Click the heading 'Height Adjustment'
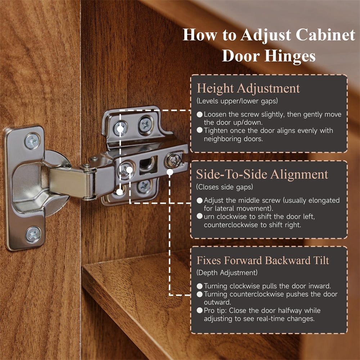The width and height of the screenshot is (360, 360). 248,89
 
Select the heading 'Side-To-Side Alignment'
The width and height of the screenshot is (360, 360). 262,174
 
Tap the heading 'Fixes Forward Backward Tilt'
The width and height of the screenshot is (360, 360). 263,260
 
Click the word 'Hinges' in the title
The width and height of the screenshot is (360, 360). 290,56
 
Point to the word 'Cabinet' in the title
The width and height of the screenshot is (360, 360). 325,35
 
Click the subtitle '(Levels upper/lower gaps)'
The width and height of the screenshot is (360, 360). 237,101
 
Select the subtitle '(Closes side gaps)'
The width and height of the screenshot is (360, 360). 225,187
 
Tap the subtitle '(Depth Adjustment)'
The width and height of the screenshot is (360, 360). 227,273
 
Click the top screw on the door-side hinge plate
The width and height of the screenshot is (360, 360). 32,141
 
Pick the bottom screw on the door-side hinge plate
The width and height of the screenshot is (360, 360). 33,234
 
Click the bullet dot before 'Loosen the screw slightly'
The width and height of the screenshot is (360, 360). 200,114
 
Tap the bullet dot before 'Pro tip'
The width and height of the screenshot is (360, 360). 200,310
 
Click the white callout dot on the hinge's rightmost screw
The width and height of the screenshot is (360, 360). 170,172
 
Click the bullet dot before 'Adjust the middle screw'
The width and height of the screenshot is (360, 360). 200,201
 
